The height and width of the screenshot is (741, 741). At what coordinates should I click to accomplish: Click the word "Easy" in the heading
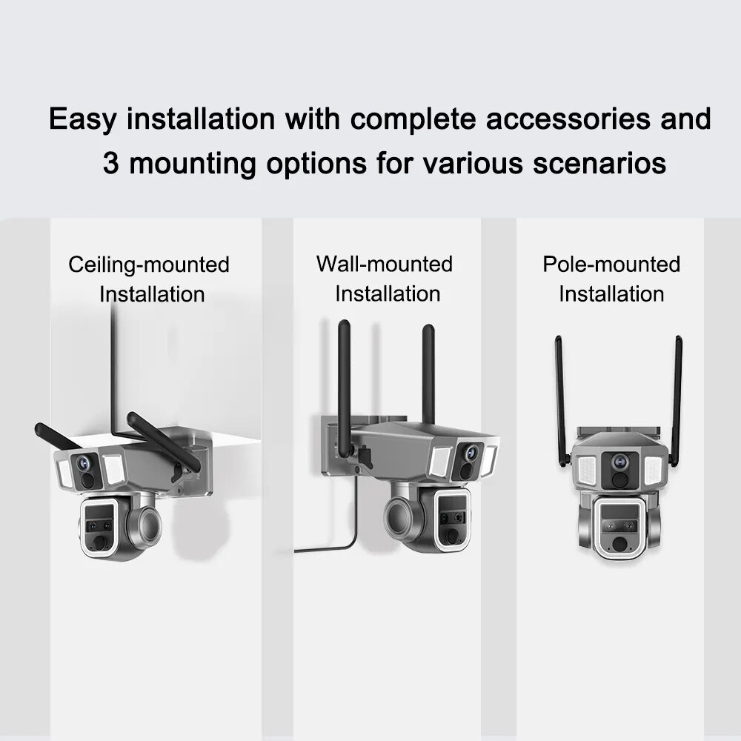tap(83, 119)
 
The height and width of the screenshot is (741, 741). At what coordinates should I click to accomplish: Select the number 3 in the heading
tap(110, 163)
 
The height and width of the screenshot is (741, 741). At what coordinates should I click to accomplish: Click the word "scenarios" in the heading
tap(599, 164)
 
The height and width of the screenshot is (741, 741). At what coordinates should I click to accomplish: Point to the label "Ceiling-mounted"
tap(149, 265)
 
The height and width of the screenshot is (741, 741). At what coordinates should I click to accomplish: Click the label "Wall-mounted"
tap(384, 264)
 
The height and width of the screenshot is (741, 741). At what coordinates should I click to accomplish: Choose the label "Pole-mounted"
tap(611, 264)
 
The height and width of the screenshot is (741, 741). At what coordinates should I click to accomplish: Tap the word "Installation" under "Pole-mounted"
tap(611, 294)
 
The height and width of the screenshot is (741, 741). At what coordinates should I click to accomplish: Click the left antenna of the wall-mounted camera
tap(345, 388)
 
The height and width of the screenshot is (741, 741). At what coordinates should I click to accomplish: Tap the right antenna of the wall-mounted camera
tap(428, 374)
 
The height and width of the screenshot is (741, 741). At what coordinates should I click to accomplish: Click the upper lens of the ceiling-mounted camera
tap(83, 462)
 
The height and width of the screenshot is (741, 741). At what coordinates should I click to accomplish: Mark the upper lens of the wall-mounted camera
tap(471, 452)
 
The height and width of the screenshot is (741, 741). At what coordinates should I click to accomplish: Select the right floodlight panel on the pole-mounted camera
tap(653, 471)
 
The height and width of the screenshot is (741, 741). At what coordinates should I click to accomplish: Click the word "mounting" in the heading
tap(193, 165)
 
